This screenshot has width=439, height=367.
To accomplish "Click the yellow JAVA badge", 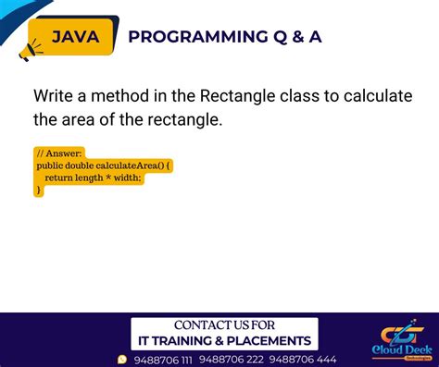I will pos(76,37).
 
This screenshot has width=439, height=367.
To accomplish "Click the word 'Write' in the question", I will pos(54,96).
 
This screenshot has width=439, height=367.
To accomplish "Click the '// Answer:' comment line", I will pos(58,153).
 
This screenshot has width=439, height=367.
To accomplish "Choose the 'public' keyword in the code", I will pos(50,165).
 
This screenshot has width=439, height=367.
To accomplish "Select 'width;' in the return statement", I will pos(128,177).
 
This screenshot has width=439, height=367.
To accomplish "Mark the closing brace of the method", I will pos(39,190).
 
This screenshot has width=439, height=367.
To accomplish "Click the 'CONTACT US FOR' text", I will pos(224,325).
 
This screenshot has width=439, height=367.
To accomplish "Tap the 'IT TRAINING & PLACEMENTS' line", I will pos(224,340).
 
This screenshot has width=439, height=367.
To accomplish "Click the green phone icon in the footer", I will pos(122,360).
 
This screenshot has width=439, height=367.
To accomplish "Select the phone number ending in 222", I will pos(232,360).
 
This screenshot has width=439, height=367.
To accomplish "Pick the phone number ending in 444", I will pos(306,360).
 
